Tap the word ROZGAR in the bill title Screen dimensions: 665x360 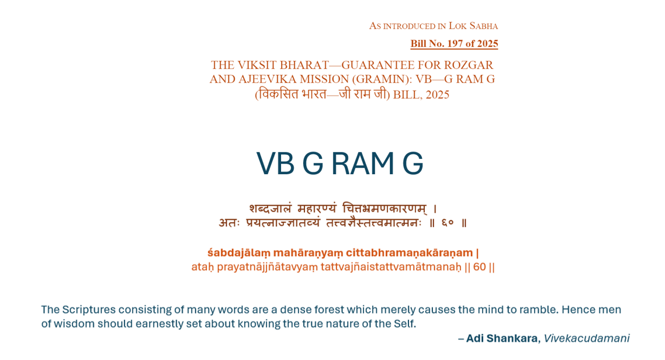pos(468,65)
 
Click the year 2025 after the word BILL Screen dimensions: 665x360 pos(437,95)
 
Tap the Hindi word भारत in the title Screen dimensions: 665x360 pos(314,94)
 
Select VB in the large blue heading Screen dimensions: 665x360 pos(275,163)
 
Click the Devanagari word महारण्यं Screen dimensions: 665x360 pos(317,208)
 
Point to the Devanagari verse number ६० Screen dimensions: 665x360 pos(448,223)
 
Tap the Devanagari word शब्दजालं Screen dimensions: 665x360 pos(270,208)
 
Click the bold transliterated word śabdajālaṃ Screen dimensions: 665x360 pos(239,253)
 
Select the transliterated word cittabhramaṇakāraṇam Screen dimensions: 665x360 pos(409,253)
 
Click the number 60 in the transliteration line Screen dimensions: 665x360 pos(479,267)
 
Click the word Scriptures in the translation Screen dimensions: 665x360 pos(89,310)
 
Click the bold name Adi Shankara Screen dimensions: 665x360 pos(502,338)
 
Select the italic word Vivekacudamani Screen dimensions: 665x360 pos(587,338)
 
